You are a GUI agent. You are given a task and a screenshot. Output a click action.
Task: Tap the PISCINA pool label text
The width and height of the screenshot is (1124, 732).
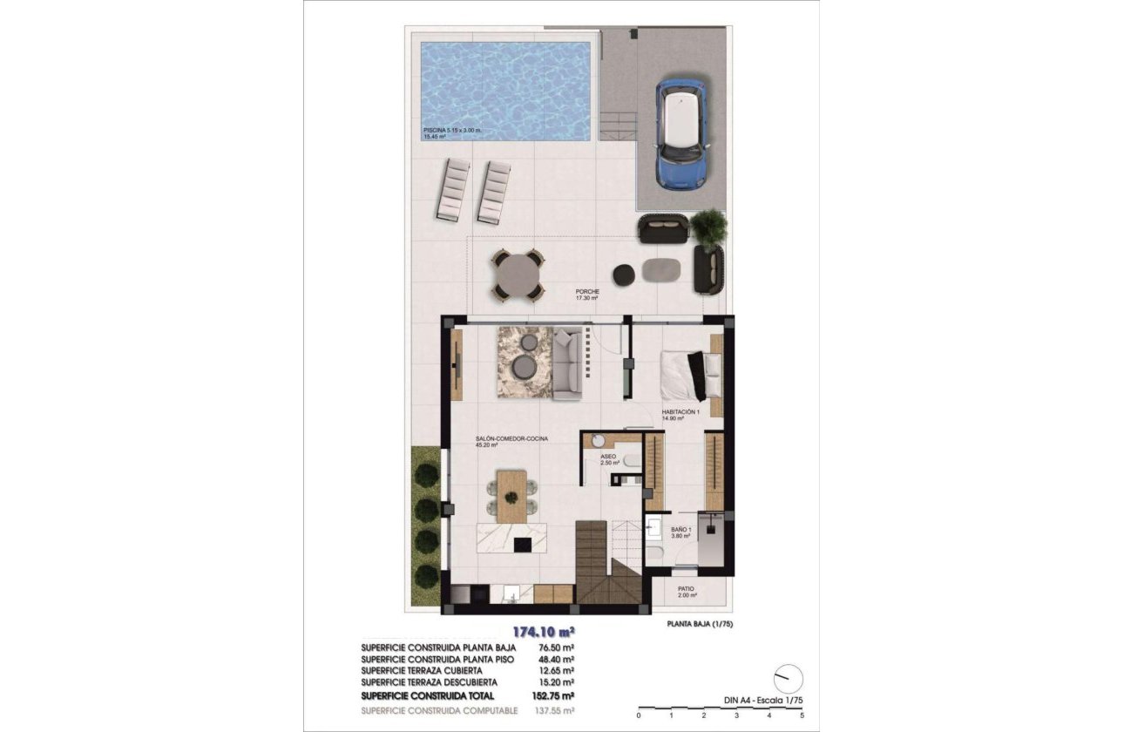pos(450,131)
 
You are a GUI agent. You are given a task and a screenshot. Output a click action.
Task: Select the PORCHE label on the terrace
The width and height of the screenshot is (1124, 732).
pos(586,292)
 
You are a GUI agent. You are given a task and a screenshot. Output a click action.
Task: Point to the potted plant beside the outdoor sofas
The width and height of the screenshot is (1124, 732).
pos(708,226)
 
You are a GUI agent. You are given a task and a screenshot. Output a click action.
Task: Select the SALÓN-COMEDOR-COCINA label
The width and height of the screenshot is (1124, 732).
pos(511,438)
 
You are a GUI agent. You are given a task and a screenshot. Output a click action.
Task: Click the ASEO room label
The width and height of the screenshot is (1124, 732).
pos(608,457)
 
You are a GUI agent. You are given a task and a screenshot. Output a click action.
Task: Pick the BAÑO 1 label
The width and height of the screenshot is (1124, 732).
pos(680,530)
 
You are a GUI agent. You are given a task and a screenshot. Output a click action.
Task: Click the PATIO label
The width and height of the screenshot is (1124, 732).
pos(687,588)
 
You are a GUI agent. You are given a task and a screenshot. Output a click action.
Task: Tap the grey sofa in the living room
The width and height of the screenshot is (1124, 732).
pos(567,364)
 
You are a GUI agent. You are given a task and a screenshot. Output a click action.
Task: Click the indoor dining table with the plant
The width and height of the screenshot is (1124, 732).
pos(511,496)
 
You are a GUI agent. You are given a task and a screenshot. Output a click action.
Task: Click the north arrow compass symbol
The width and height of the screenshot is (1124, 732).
pos(788,677)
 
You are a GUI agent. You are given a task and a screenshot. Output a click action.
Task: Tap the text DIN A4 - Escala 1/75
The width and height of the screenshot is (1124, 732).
pos(762,699)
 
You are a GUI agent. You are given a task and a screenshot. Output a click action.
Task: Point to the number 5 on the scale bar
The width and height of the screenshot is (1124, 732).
pos(802,715)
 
